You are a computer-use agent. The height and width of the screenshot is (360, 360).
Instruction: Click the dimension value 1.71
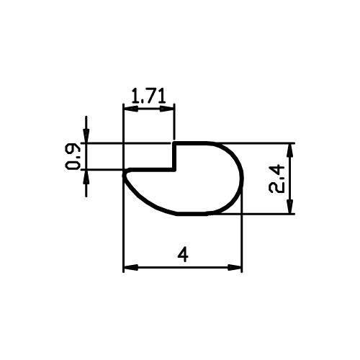click(x=148, y=96)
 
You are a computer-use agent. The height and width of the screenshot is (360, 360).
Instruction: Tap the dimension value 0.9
click(x=73, y=156)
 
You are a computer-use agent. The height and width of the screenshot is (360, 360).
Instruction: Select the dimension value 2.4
click(x=276, y=179)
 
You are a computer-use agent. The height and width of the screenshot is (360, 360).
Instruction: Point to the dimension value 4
click(x=183, y=255)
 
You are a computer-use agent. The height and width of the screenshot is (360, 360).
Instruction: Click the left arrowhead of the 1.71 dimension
click(x=131, y=109)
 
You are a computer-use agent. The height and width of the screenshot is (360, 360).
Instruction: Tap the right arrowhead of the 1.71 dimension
click(x=166, y=109)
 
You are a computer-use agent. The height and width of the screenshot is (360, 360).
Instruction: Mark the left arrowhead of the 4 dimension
click(x=131, y=267)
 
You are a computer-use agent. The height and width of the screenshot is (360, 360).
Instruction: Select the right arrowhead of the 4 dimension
click(x=234, y=267)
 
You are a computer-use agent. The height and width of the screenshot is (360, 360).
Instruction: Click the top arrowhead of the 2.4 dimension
click(x=290, y=150)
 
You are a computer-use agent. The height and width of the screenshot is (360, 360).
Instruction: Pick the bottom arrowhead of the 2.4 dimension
click(x=290, y=207)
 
